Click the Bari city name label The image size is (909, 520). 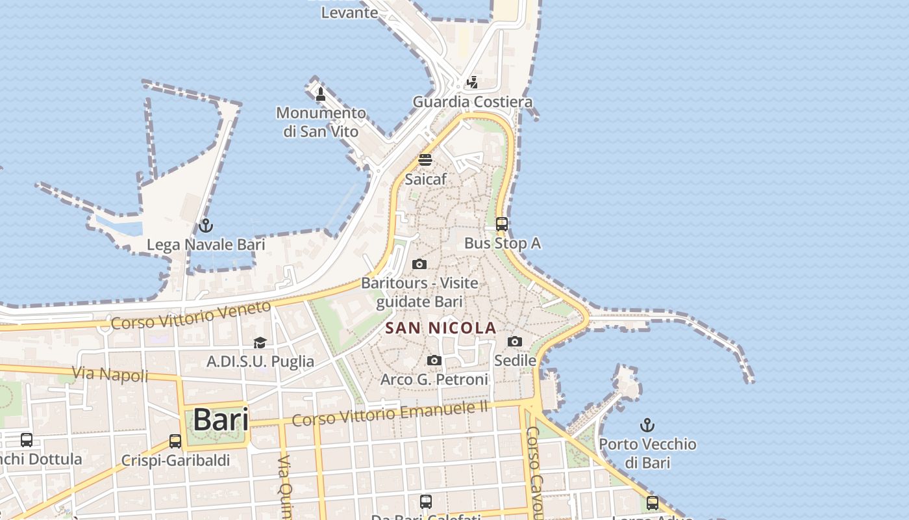pyautogui.click(x=221, y=419)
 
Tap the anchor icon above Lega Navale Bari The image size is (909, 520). pyautogui.click(x=206, y=226)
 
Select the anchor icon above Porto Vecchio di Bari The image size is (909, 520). pyautogui.click(x=647, y=425)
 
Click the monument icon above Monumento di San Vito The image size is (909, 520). pyautogui.click(x=320, y=94)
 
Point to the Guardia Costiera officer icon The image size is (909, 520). pyautogui.click(x=473, y=83)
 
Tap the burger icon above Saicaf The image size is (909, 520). pyautogui.click(x=425, y=159)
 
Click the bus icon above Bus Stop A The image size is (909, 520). pyautogui.click(x=502, y=224)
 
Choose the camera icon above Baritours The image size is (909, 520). pyautogui.click(x=419, y=264)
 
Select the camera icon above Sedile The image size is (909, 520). pyautogui.click(x=515, y=341)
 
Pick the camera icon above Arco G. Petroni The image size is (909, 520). pyautogui.click(x=434, y=360)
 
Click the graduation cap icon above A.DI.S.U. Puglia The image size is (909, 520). pyautogui.click(x=260, y=343)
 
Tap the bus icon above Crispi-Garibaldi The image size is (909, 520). pyautogui.click(x=175, y=441)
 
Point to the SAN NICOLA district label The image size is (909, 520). pyautogui.click(x=441, y=328)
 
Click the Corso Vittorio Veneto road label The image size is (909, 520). pyautogui.click(x=191, y=315)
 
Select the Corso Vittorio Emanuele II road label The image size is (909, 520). pyautogui.click(x=390, y=413)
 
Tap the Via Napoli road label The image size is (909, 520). pyautogui.click(x=110, y=375)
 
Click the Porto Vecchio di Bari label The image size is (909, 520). pyautogui.click(x=647, y=453)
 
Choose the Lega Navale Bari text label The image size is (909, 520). pyautogui.click(x=206, y=245)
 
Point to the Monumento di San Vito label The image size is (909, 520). pyautogui.click(x=321, y=122)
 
